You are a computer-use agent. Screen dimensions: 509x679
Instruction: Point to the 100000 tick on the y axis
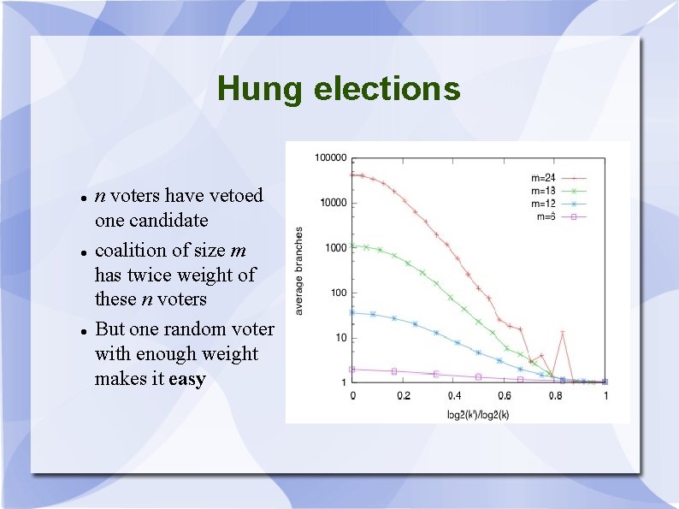[331, 157]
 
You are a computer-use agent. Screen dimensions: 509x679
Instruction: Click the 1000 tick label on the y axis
[336, 248]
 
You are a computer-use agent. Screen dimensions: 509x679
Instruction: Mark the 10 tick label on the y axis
[340, 338]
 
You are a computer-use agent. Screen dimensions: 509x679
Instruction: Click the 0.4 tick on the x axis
[453, 396]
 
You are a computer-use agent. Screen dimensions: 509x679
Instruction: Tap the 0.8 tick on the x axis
[555, 396]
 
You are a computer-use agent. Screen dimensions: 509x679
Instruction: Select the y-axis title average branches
[299, 270]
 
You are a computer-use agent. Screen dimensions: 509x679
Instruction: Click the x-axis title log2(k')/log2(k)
[479, 413]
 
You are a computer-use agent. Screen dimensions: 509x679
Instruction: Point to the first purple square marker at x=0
[352, 370]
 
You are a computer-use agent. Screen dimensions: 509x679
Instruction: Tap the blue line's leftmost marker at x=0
[352, 312]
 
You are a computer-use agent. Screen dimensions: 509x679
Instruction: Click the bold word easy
[187, 379]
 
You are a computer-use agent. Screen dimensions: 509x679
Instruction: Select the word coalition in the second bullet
[129, 251]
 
